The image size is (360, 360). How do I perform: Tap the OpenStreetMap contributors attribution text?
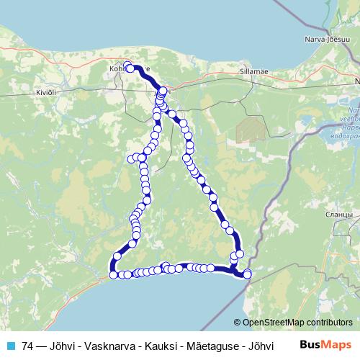297,323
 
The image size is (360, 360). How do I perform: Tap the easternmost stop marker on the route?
248,274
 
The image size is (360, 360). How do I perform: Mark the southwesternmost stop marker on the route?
113,274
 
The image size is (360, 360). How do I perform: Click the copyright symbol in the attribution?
238,323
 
